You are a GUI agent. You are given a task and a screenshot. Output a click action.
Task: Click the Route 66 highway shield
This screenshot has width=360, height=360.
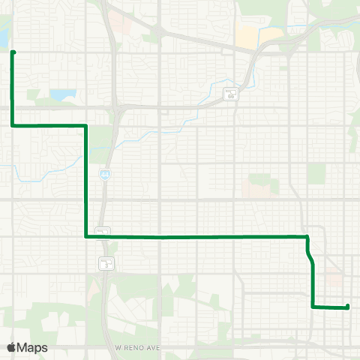pos(232,94)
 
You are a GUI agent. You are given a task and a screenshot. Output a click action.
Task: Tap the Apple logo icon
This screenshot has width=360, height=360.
pos(13,347)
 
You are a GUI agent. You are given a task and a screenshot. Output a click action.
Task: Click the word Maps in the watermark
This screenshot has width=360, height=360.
pos(34,347)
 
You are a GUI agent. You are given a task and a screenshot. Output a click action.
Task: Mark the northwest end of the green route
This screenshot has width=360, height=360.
pos(13,52)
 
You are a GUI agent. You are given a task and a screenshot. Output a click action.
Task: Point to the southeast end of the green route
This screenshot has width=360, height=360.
pos(348,306)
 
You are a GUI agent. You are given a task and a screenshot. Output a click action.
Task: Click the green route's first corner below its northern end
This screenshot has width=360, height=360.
pos(13,125)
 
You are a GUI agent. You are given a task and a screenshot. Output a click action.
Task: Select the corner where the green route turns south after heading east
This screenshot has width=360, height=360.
pos(88,125)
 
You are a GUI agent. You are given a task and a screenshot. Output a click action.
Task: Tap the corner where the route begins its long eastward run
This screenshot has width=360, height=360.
pos(88,236)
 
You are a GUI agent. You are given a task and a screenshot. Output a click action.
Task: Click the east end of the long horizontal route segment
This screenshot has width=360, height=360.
pos(307,236)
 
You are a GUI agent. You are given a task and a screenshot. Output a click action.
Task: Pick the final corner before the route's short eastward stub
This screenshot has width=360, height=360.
pos(313,306)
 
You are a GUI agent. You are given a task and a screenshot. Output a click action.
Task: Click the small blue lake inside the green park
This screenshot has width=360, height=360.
pos(63,95)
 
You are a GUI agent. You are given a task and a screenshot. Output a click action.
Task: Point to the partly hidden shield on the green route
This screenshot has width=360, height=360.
pos(103,231)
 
